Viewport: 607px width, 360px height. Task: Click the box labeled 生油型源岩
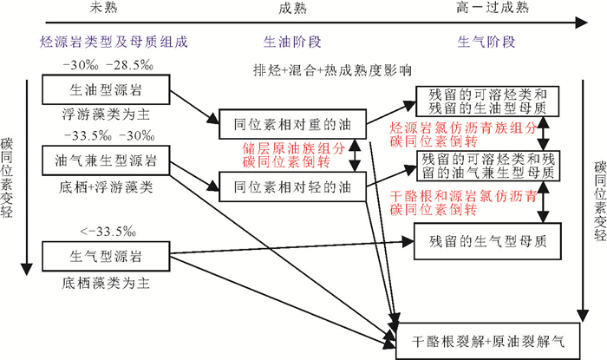click(108, 89)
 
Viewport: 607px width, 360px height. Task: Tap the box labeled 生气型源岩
click(108, 256)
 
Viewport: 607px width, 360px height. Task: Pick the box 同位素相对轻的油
click(291, 185)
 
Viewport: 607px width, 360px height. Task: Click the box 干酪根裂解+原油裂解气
click(489, 340)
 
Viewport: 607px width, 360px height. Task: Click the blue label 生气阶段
click(486, 41)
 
